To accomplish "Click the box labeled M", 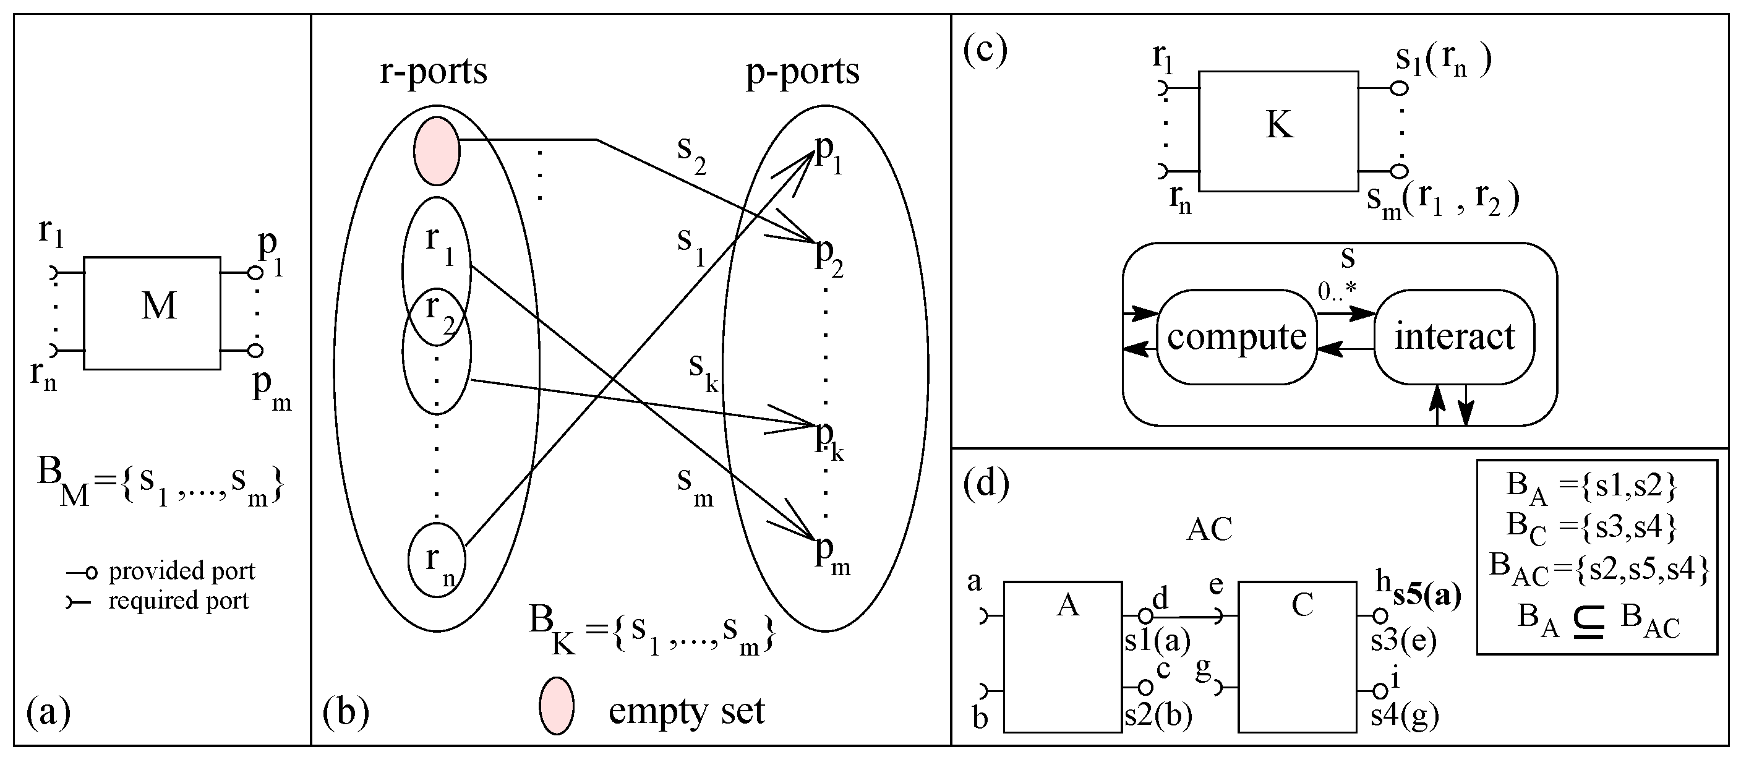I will point(152,312).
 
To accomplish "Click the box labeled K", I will point(1278,131).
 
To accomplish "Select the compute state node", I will point(1237,336).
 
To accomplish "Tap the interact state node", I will point(1455,336).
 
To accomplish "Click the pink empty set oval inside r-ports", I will point(437,151).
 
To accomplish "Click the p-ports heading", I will point(802,72).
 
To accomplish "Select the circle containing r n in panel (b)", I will point(437,560).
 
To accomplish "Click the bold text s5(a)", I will point(1427,595).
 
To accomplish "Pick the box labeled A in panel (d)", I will point(1063,656).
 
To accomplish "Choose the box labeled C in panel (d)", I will point(1297,656).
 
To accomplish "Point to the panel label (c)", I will point(985,49).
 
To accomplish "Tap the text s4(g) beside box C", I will point(1405,715).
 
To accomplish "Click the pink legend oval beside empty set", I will point(556,706).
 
